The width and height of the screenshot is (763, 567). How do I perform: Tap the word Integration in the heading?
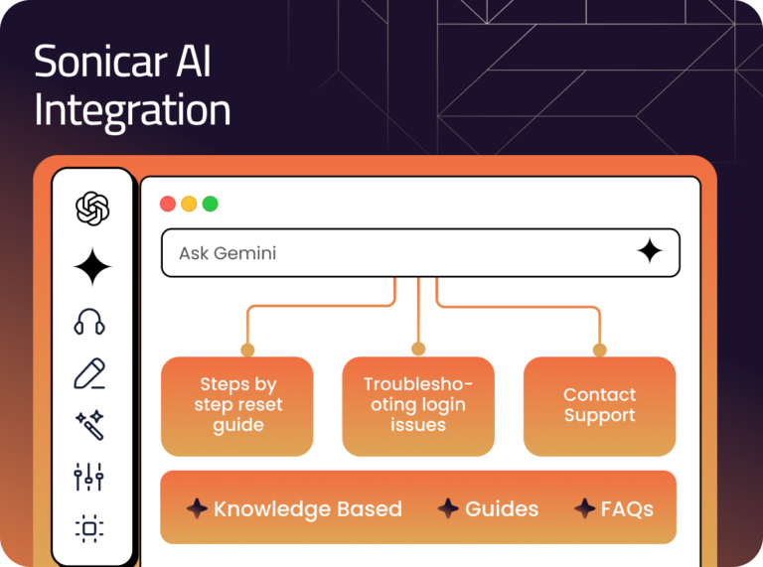click(x=132, y=110)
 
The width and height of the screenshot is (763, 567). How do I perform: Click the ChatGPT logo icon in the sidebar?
click(x=92, y=209)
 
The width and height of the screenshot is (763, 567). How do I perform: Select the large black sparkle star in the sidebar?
click(x=92, y=267)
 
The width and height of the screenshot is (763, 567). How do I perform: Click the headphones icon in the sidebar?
click(x=89, y=322)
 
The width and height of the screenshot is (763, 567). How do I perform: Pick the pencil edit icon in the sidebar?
click(x=90, y=374)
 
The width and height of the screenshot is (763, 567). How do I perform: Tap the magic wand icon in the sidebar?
click(x=89, y=425)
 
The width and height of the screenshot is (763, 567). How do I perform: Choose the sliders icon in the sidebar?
click(x=89, y=477)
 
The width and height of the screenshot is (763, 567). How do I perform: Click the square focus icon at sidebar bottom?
click(x=89, y=528)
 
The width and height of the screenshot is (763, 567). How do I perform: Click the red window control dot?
click(x=168, y=204)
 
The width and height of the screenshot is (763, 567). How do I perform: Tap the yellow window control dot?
click(x=189, y=204)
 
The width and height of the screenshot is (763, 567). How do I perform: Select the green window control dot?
click(x=210, y=204)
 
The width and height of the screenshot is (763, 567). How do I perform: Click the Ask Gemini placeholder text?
click(x=228, y=253)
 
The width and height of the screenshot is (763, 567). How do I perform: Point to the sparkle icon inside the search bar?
click(x=650, y=252)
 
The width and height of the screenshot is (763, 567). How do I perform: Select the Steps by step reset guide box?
click(x=237, y=405)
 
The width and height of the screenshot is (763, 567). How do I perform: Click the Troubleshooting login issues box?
click(x=418, y=405)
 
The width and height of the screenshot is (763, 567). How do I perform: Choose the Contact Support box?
click(x=599, y=405)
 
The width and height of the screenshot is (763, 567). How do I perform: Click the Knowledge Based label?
click(x=307, y=509)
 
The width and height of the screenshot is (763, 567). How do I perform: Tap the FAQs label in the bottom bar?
click(x=627, y=509)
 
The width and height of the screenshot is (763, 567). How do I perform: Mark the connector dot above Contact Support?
click(x=599, y=350)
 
